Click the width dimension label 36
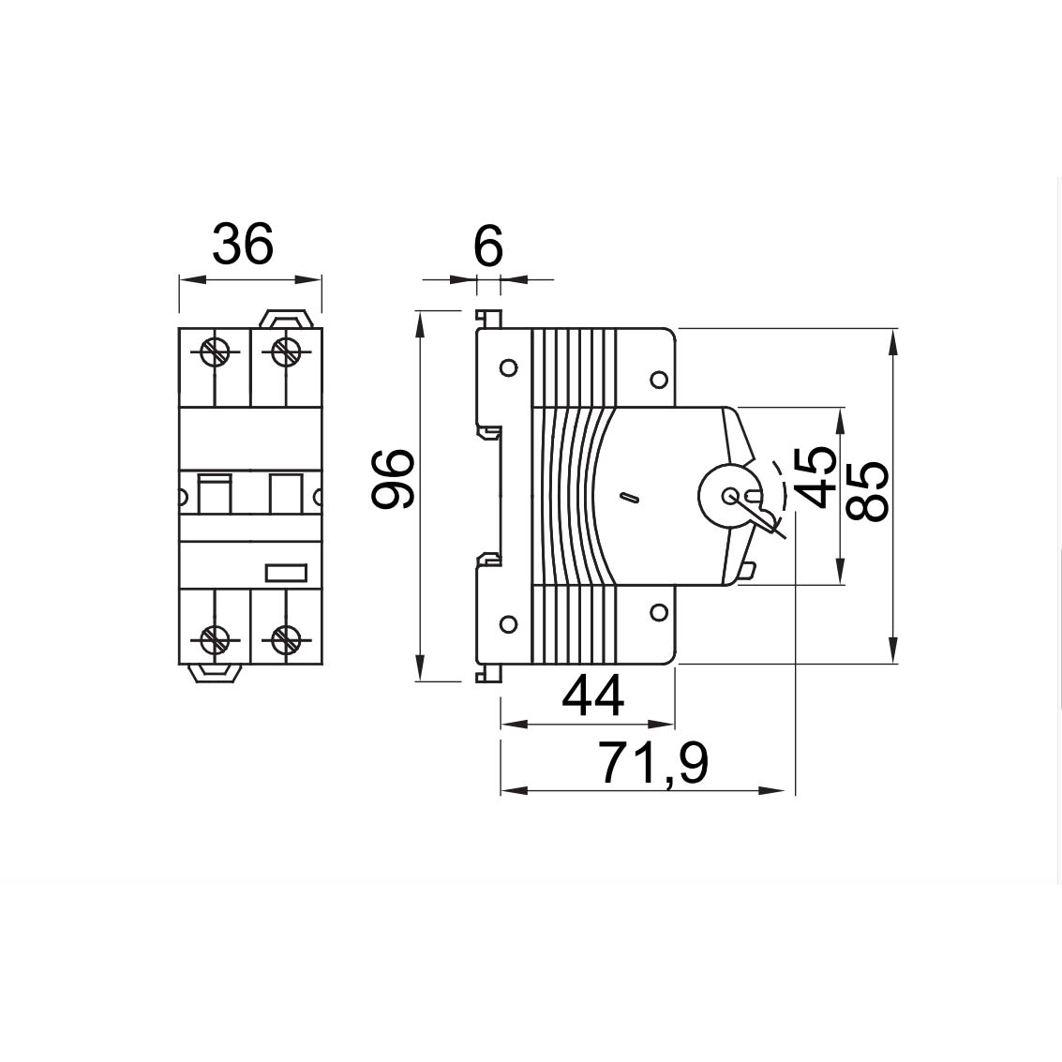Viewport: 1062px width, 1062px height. (243, 244)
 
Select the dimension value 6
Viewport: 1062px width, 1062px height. (488, 247)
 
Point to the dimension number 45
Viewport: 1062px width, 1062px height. (812, 477)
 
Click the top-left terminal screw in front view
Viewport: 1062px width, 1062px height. (215, 353)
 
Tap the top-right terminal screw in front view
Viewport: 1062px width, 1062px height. (286, 353)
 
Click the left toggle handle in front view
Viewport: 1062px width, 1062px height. (215, 493)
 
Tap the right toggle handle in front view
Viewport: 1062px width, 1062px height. (285, 493)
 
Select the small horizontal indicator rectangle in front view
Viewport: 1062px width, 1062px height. (286, 572)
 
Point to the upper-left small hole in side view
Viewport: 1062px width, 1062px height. (508, 367)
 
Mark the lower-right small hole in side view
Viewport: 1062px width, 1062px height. (658, 613)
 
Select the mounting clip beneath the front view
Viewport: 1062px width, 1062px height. (215, 673)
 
